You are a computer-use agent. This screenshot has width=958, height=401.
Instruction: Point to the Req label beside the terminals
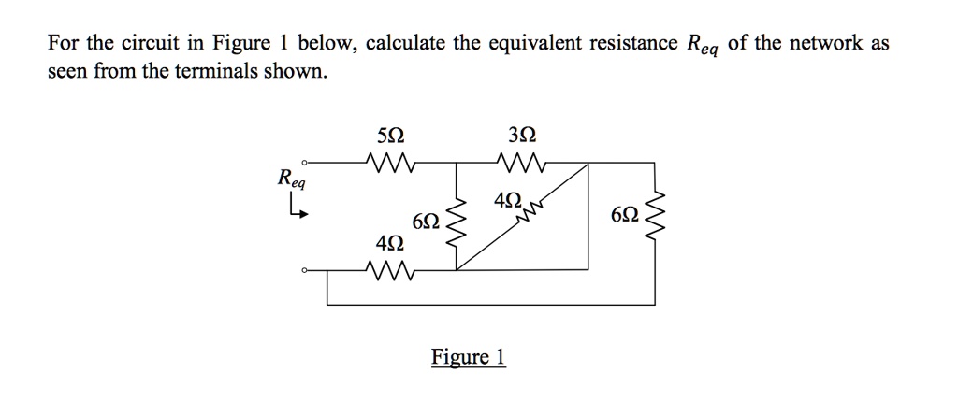point(291,178)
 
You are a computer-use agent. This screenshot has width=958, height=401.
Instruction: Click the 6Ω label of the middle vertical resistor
point(425,222)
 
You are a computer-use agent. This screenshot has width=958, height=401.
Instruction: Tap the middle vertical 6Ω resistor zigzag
point(457,222)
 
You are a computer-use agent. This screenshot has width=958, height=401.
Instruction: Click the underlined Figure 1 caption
point(468,357)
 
